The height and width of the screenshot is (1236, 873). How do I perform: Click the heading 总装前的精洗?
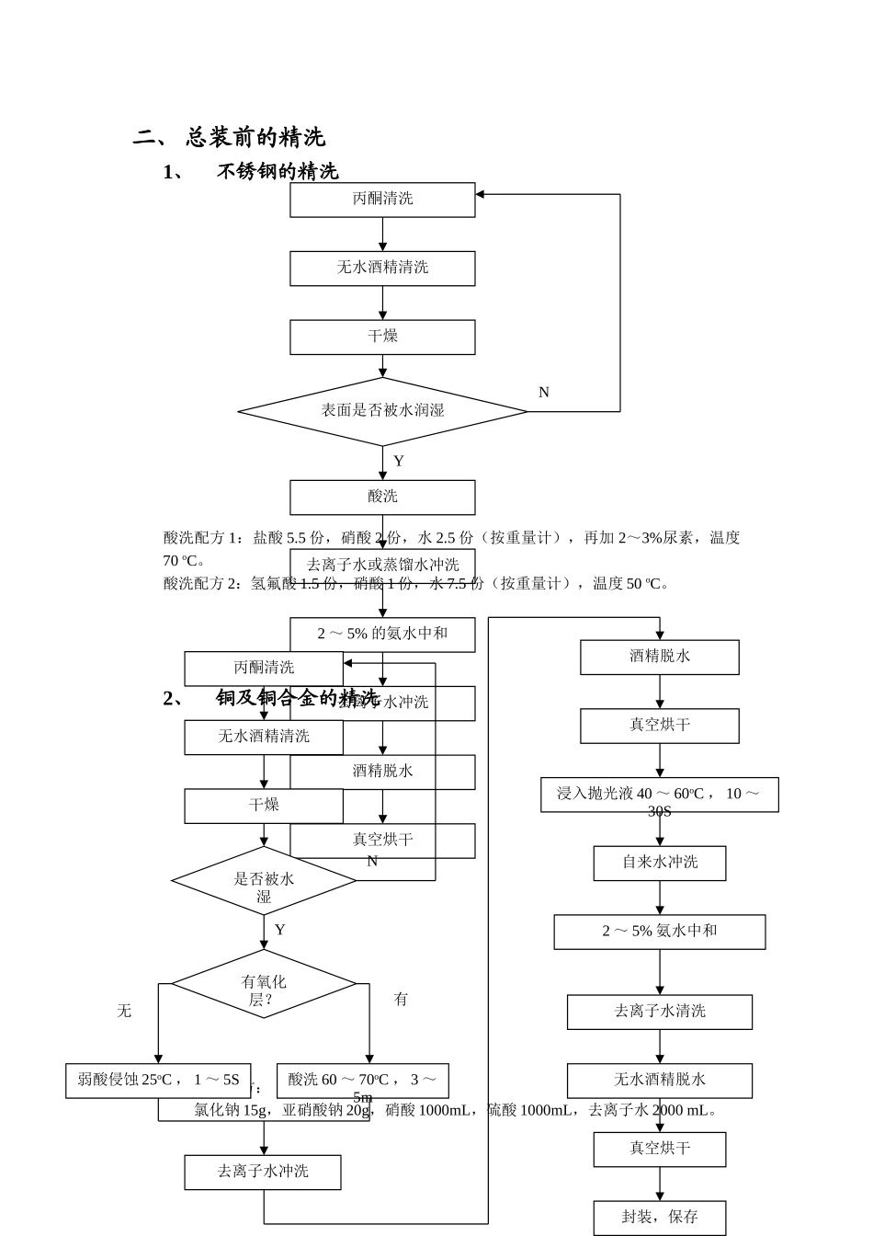point(255,138)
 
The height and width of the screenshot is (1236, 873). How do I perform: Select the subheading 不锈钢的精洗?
point(277,171)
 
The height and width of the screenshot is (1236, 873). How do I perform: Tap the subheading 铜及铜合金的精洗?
point(297,698)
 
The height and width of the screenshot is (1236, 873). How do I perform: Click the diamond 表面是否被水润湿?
point(382,411)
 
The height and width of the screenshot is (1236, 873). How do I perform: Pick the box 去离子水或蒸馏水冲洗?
point(382,564)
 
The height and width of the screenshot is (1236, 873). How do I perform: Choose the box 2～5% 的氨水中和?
point(382,634)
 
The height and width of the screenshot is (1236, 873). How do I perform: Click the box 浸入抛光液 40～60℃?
point(659,795)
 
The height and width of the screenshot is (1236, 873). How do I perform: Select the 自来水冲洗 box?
point(659,863)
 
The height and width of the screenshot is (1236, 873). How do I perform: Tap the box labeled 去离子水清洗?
point(659,1012)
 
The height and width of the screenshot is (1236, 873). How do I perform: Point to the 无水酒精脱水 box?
point(659,1080)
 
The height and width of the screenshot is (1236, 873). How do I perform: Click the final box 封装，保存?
point(659,1217)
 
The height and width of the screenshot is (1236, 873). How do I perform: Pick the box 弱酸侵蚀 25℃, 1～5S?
point(158,1081)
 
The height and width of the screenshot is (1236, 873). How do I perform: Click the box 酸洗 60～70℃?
point(362,1081)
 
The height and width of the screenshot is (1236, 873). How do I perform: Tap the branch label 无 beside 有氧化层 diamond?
point(124,1011)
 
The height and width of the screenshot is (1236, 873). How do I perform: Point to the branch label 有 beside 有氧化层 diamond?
point(401,999)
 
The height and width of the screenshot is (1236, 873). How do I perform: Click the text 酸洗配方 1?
point(201,538)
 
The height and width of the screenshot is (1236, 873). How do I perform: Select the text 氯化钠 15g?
point(231,1110)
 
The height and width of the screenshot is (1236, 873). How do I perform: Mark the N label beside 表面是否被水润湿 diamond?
point(543,393)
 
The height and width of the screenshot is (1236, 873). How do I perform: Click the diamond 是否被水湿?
point(264,881)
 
